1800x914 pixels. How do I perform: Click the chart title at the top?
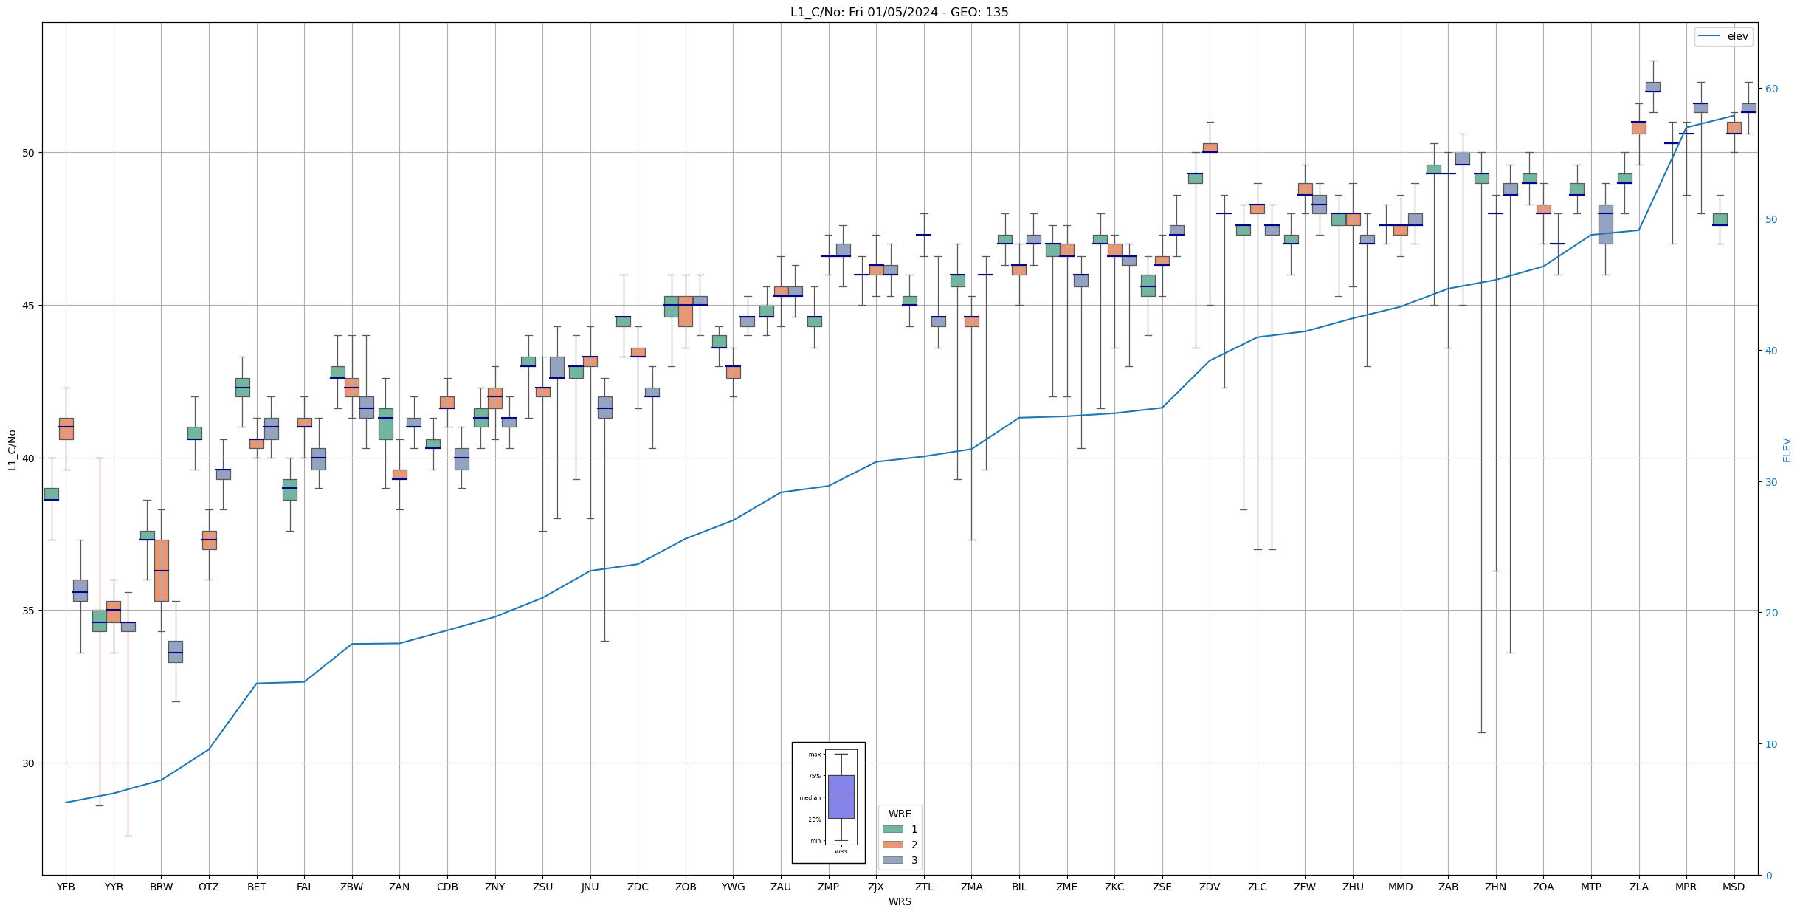point(899,12)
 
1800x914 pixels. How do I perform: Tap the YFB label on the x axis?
point(66,887)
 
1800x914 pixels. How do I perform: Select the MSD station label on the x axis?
point(1734,887)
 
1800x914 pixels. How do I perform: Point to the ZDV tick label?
point(1210,887)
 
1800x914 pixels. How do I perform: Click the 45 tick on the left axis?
point(30,306)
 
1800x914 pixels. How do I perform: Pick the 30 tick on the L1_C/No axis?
point(30,763)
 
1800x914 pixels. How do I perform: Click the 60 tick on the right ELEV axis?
point(1770,89)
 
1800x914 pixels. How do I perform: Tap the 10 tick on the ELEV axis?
point(1770,744)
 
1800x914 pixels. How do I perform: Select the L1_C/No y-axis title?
point(12,450)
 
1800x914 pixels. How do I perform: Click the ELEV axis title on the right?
point(1787,450)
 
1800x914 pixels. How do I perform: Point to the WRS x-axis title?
point(900,901)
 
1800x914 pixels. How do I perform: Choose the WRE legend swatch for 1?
point(892,829)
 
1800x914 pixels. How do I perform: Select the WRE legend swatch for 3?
point(892,860)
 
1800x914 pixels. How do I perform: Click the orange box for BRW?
point(162,570)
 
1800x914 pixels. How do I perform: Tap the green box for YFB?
point(52,494)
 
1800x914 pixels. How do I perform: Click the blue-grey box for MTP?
point(1605,224)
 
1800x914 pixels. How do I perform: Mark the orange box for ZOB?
point(686,311)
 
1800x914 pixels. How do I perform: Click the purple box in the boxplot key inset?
point(841,797)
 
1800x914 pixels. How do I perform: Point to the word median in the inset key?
point(810,797)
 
